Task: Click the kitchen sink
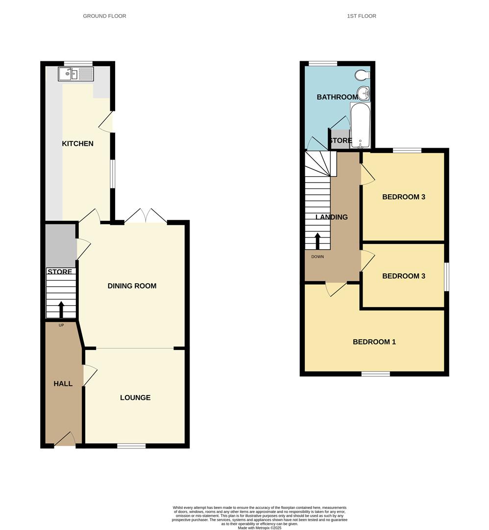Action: (x=75, y=74)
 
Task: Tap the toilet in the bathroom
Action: (x=363, y=75)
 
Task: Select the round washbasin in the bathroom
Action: (x=363, y=93)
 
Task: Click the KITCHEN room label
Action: (x=77, y=144)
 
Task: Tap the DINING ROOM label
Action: (x=132, y=286)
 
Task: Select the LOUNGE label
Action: (x=135, y=397)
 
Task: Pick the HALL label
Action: (x=63, y=384)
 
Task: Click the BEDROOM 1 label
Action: (x=374, y=342)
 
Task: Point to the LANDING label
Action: (x=332, y=217)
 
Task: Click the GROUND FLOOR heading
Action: (x=104, y=16)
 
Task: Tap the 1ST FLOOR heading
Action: (x=362, y=16)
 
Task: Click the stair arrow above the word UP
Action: (x=61, y=310)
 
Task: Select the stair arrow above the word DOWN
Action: (x=318, y=240)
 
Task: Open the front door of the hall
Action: (x=65, y=440)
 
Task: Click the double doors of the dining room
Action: (x=146, y=217)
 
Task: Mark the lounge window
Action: (x=131, y=446)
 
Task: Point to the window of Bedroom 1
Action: (x=376, y=374)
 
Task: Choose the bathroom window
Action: (x=323, y=63)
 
